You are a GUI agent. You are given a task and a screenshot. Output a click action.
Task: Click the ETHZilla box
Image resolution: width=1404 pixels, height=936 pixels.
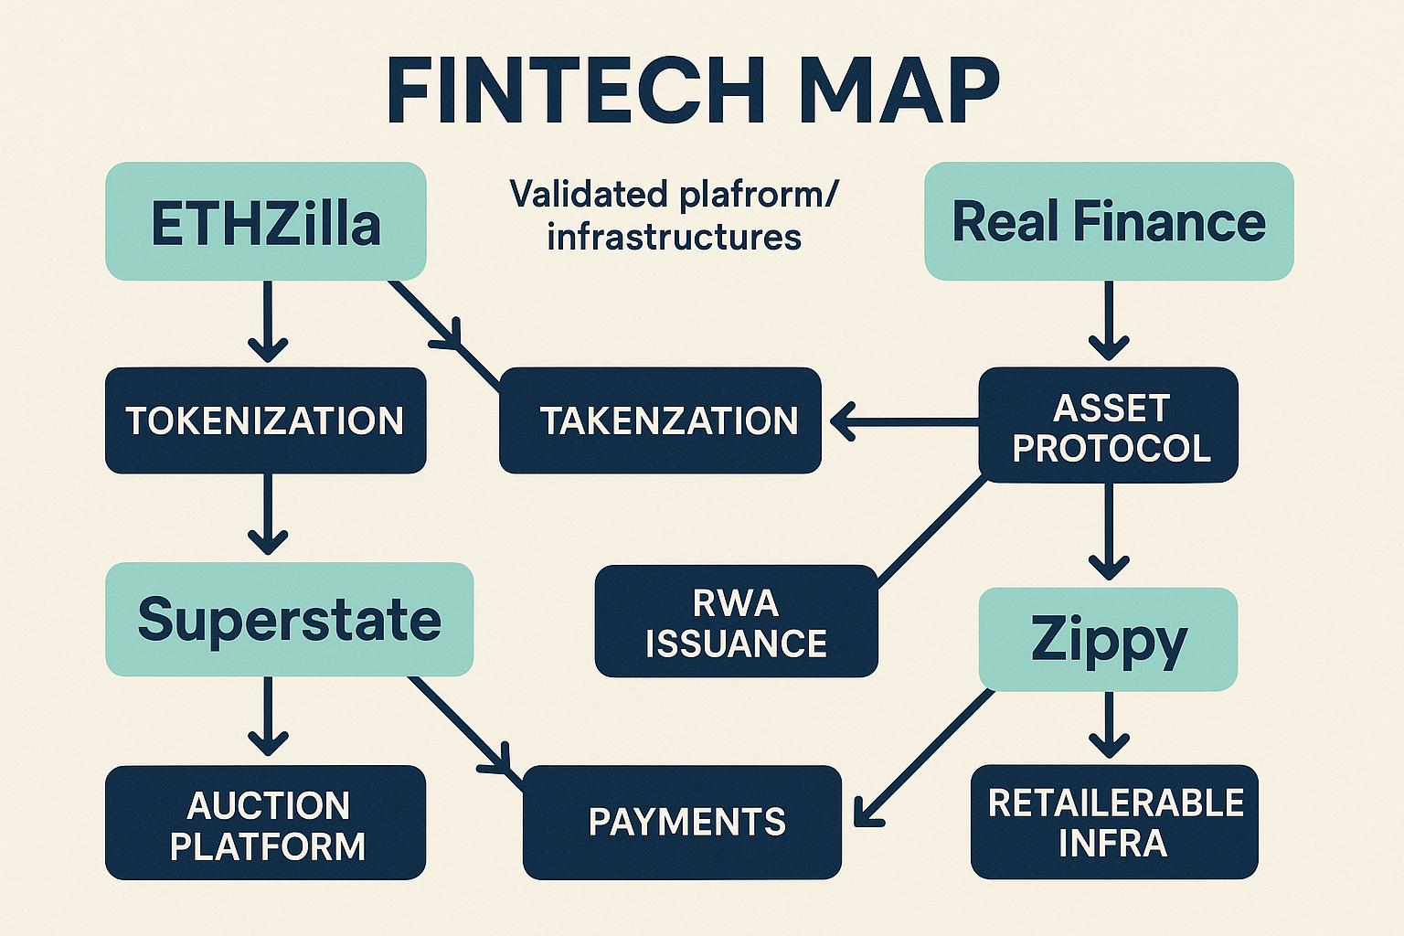(265, 222)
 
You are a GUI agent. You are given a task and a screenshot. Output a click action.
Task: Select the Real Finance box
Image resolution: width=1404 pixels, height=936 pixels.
(1109, 222)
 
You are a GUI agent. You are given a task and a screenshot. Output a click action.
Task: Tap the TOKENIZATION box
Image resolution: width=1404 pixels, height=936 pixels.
(265, 420)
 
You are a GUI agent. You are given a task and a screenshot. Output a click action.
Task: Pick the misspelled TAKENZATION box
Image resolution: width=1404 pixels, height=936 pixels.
(660, 420)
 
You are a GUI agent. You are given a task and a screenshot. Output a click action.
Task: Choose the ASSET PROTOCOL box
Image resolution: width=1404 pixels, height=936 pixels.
(1109, 426)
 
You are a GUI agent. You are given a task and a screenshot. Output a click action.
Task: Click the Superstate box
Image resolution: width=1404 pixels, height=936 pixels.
(289, 620)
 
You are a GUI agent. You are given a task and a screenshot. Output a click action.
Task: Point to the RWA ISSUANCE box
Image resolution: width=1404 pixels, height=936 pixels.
(736, 622)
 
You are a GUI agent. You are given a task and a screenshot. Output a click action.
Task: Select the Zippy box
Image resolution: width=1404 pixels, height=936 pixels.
(1108, 638)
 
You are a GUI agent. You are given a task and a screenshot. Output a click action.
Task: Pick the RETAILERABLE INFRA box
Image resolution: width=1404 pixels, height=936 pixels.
(1114, 822)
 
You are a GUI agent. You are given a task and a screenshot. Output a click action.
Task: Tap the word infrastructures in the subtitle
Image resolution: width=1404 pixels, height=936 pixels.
(674, 237)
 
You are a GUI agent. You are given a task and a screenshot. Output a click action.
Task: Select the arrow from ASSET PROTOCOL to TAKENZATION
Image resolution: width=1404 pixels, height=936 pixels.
(900, 422)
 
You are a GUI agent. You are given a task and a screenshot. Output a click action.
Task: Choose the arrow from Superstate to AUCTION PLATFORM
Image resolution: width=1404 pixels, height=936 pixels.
(268, 717)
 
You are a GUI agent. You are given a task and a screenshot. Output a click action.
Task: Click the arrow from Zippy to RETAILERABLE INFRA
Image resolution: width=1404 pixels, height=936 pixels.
(1109, 726)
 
